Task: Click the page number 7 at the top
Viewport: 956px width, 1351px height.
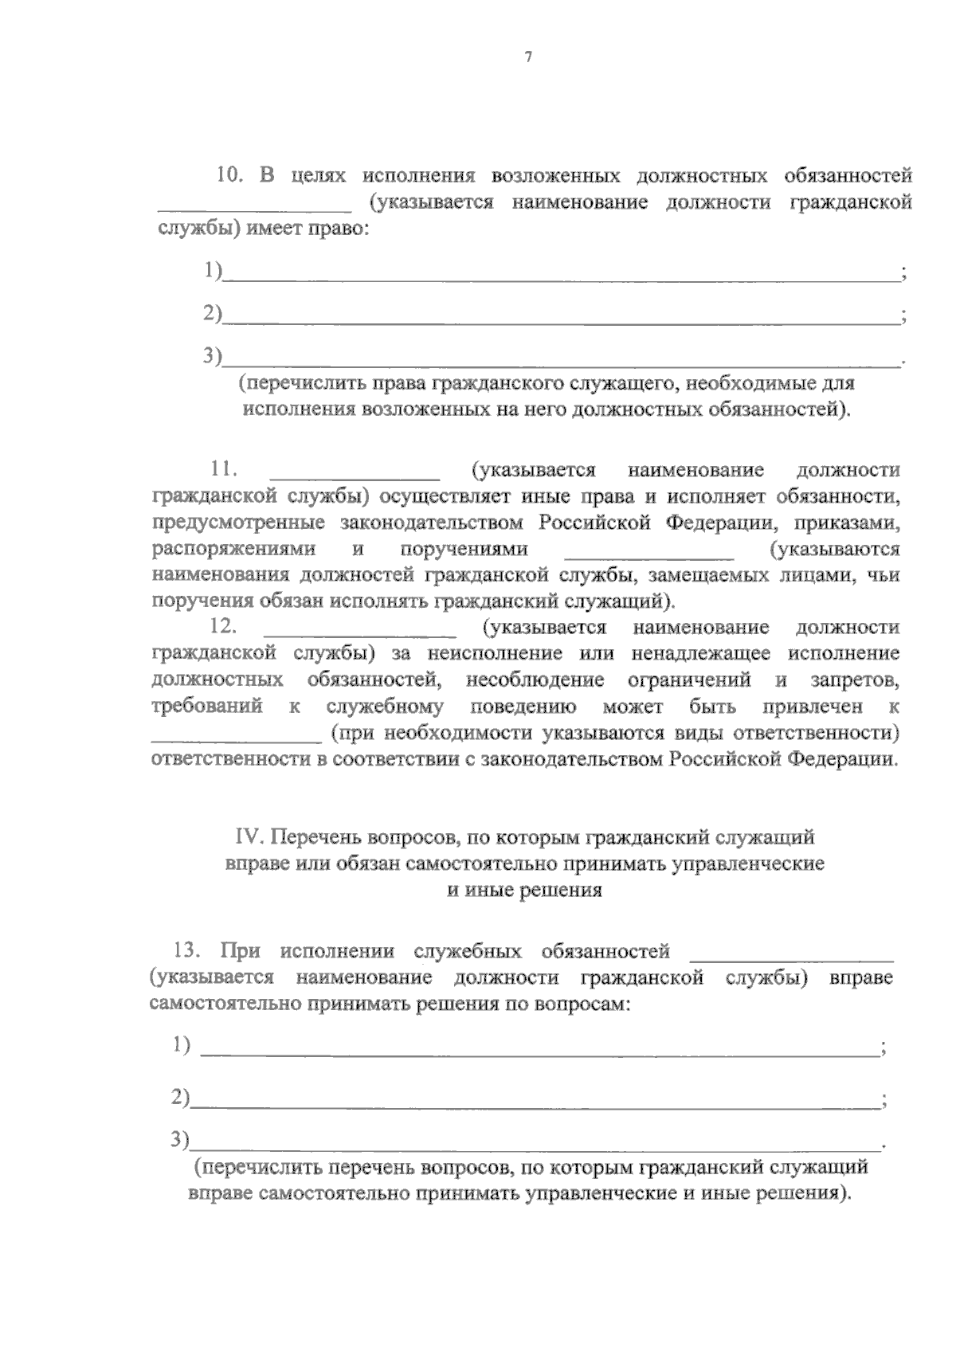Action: (x=527, y=57)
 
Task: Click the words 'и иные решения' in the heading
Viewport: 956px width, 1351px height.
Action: (x=523, y=891)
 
